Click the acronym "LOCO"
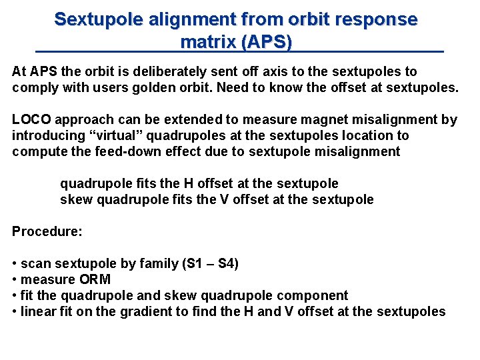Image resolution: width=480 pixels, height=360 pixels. (32, 120)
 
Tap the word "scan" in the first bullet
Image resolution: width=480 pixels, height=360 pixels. (35, 264)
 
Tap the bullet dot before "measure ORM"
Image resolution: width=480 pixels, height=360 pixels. (15, 280)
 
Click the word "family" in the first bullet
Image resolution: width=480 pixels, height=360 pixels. (157, 264)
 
